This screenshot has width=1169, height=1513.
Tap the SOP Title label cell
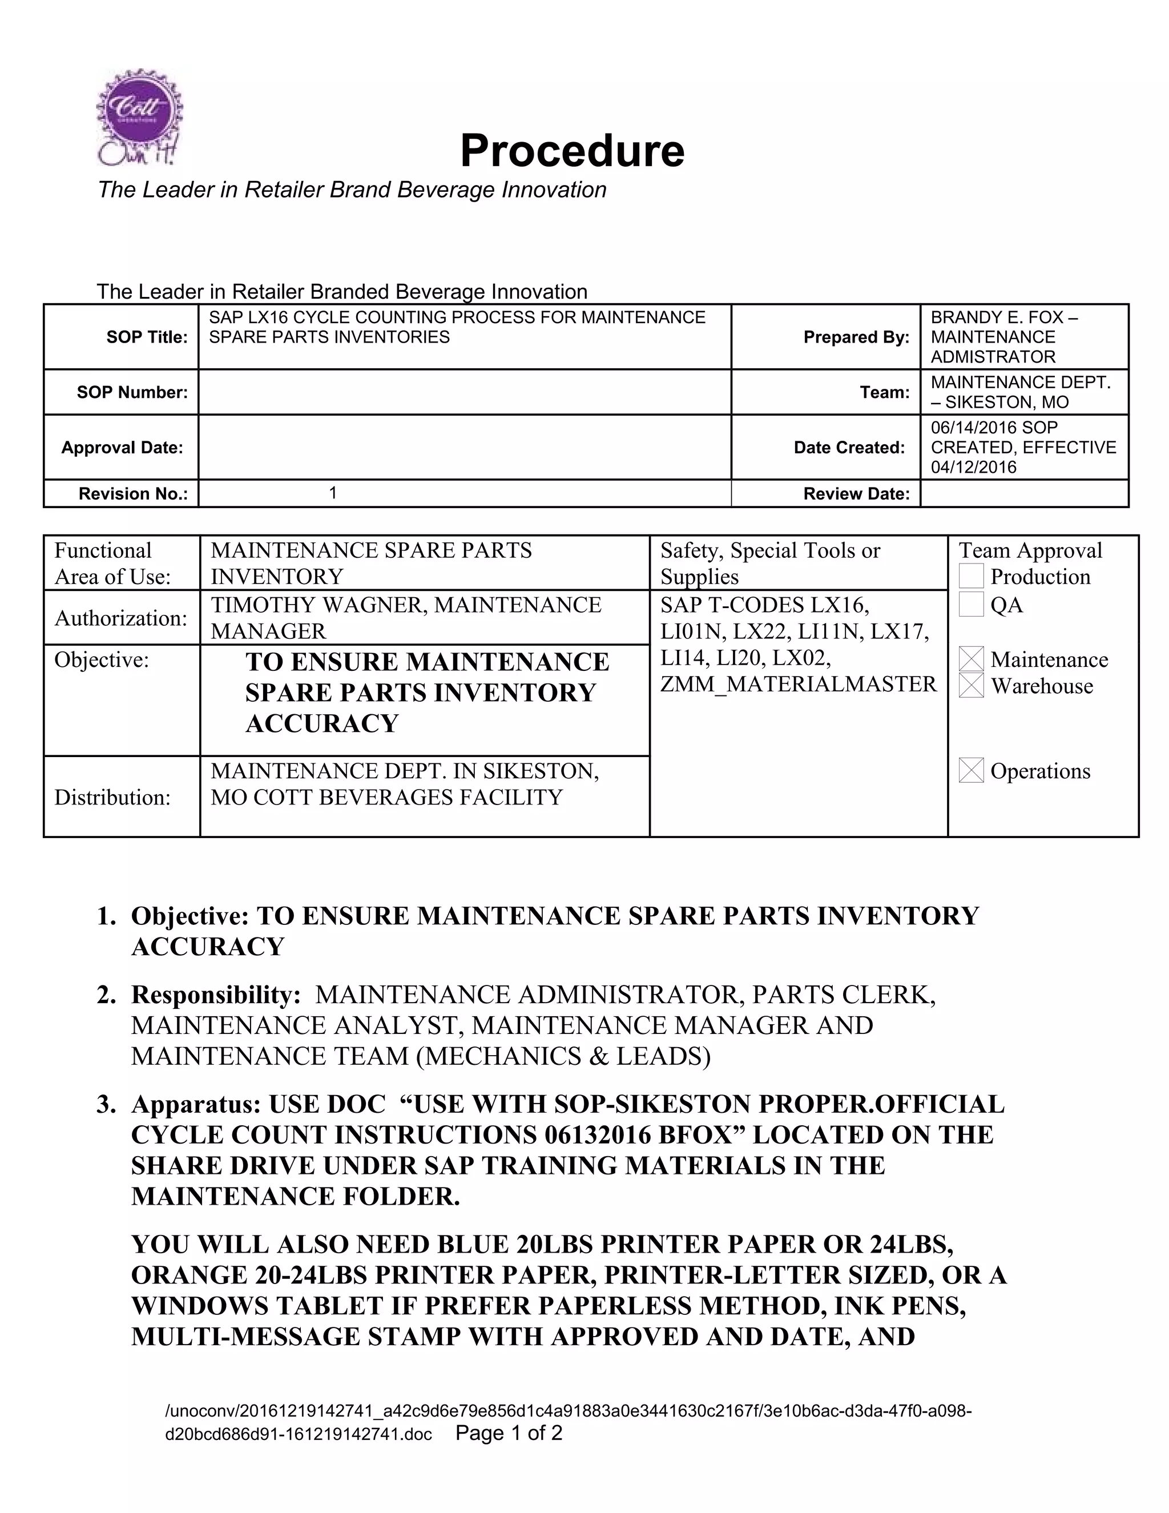pos(147,337)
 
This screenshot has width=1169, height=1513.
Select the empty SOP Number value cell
pos(464,392)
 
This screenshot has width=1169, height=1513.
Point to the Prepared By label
pos(856,337)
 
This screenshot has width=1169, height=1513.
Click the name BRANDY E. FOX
pos(997,318)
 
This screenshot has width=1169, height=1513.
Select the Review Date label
pos(856,494)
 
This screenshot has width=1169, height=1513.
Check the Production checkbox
pos(971,577)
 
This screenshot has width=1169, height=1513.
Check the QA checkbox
pos(971,605)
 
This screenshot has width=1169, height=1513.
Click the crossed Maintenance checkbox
pos(971,659)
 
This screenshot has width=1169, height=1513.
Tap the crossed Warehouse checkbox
pos(971,686)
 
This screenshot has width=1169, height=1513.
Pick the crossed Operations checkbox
pos(971,770)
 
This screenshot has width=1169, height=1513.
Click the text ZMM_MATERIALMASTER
pos(798,685)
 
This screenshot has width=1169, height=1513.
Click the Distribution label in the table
pos(112,798)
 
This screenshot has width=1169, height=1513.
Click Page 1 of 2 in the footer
pos(509,1432)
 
